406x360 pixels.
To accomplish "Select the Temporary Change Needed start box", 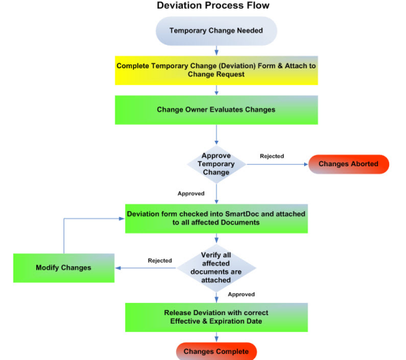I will pos(215,31).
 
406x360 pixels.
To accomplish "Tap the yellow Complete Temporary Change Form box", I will pos(216,70).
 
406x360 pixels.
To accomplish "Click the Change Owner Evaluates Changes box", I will pos(216,109).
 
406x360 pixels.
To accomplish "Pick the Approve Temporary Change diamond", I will pos(216,164).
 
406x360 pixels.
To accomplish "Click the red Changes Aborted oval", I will pos(348,164).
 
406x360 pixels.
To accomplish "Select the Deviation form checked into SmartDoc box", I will pos(216,219).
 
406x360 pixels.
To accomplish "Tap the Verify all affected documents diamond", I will pos(216,269).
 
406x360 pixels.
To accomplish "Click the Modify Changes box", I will pos(63,268).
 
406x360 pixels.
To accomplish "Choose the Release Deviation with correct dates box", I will pos(216,317).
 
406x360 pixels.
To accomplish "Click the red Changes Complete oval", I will pos(216,351).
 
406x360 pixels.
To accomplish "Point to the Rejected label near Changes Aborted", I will pos(271,156).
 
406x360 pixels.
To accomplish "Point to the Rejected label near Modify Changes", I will pos(159,261).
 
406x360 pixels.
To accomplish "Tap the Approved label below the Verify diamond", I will pos(241,294).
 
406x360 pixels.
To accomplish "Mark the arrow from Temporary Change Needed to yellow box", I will pos(216,50).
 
